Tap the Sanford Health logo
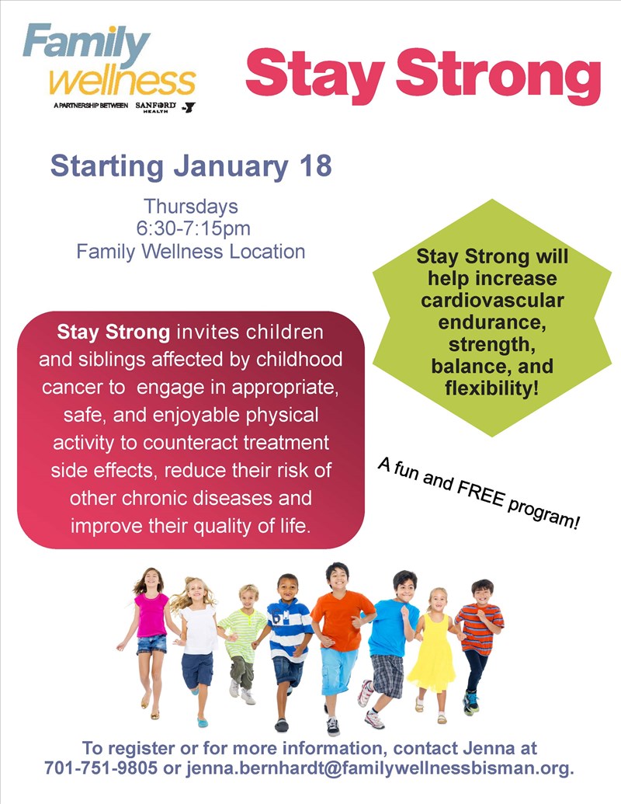(x=156, y=106)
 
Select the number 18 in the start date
(x=316, y=165)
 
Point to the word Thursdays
(x=191, y=206)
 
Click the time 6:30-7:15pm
(x=193, y=228)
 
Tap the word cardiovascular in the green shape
(x=492, y=300)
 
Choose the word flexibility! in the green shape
(x=492, y=388)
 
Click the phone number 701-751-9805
(x=101, y=768)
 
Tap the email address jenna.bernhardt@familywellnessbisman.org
(x=379, y=768)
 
